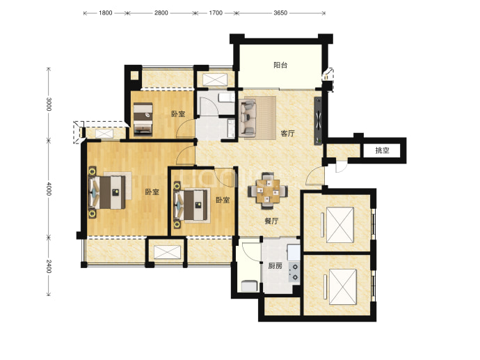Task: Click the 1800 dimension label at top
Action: (x=105, y=13)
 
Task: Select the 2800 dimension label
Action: (x=161, y=13)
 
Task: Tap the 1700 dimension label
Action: (x=216, y=13)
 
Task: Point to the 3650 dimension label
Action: (x=280, y=13)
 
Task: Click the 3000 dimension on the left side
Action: (x=49, y=104)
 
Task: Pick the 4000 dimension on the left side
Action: (x=49, y=189)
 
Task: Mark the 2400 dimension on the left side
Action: (x=49, y=266)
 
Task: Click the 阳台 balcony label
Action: (x=280, y=65)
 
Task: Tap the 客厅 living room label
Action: (x=288, y=133)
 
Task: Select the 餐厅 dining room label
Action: (x=271, y=221)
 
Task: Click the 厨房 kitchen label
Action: (x=275, y=266)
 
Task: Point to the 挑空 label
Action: (x=382, y=150)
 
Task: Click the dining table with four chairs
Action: (x=268, y=191)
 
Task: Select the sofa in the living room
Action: (x=248, y=117)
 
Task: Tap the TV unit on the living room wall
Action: (x=319, y=121)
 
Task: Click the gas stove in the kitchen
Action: (x=294, y=272)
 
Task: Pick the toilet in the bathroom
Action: (x=225, y=97)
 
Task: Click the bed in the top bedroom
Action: (x=143, y=119)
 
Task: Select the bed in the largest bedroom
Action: (x=107, y=192)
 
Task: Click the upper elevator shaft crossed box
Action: (x=339, y=225)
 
